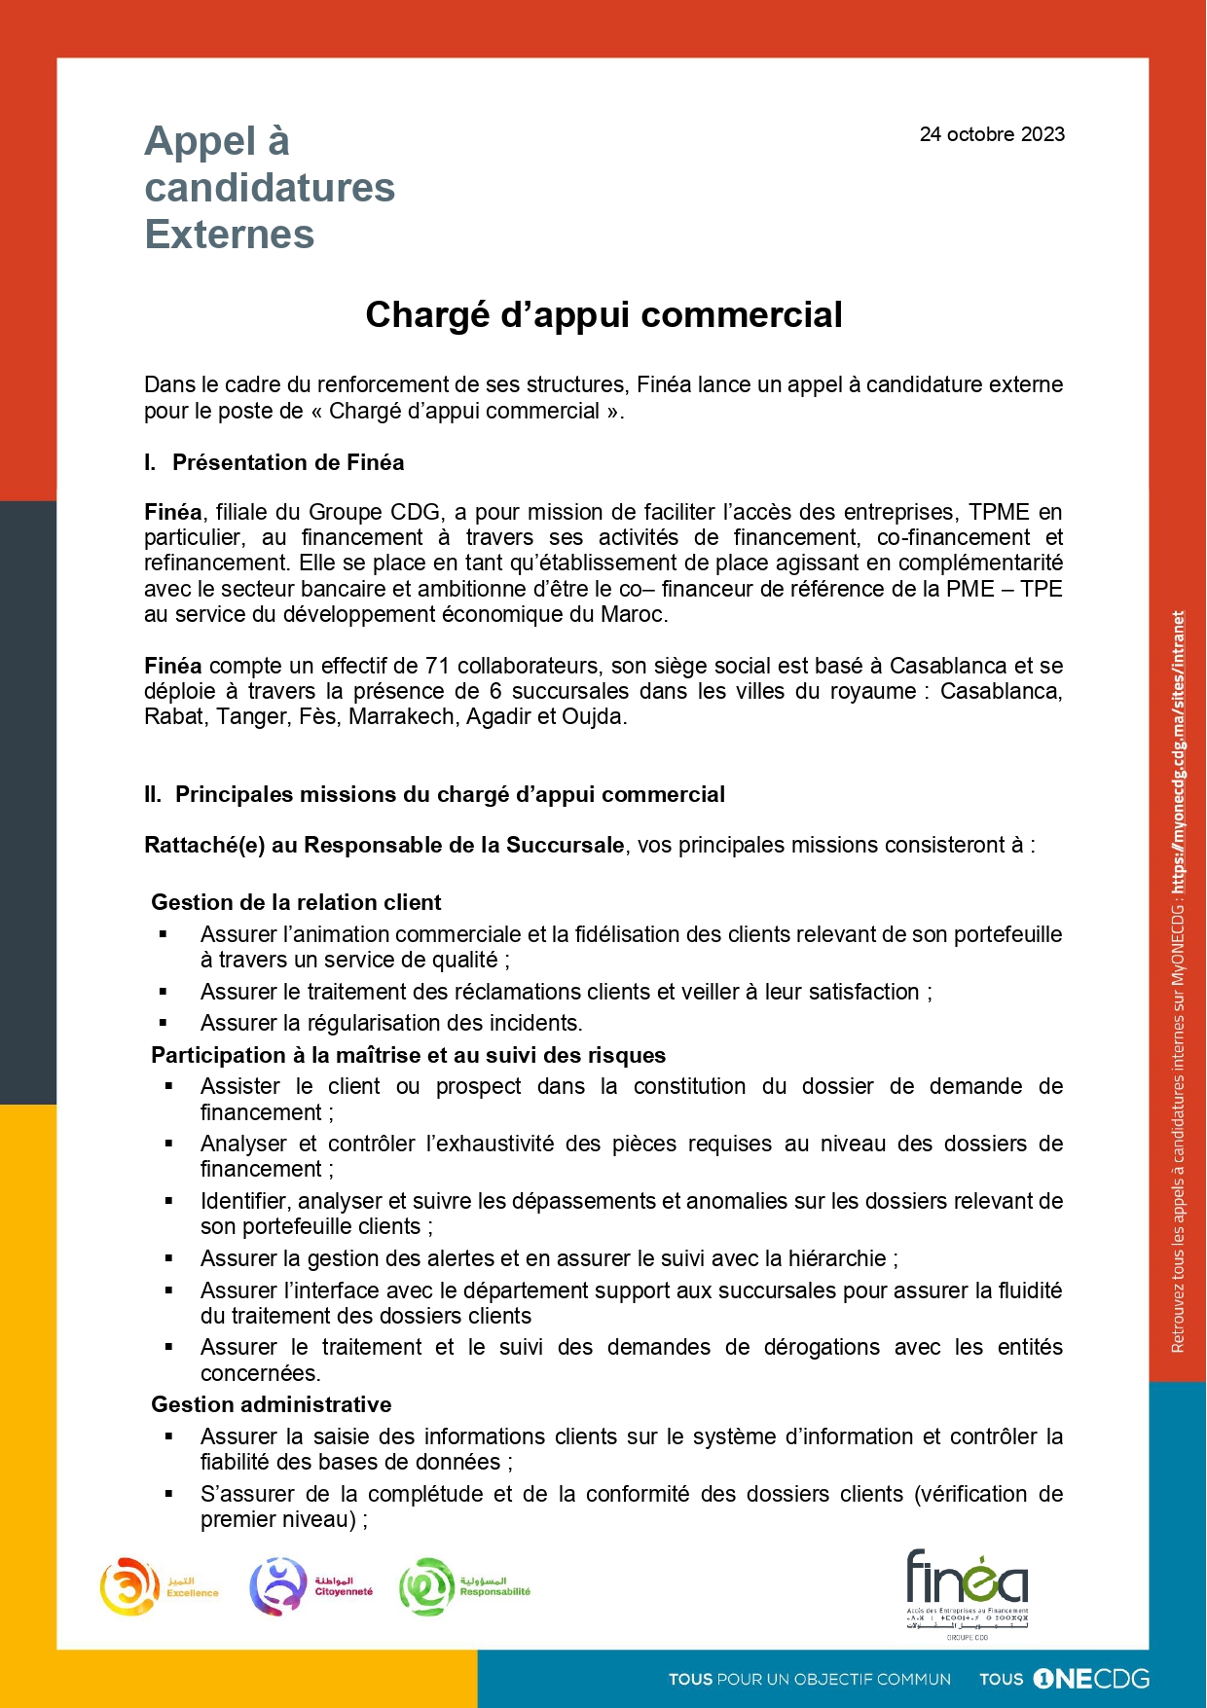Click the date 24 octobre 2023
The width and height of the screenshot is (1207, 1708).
tap(991, 134)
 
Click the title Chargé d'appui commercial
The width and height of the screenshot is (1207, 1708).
tap(603, 315)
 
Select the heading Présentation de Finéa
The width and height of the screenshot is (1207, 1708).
tap(287, 462)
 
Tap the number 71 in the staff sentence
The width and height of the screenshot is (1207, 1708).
tap(437, 666)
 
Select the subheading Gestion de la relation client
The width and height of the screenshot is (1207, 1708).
tap(296, 902)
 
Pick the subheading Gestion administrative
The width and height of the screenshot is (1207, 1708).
tap(271, 1404)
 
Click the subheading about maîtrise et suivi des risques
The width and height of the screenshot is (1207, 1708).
tap(408, 1055)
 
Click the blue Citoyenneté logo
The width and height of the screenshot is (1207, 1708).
tap(279, 1586)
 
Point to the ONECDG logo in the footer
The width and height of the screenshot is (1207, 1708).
tap(1090, 1679)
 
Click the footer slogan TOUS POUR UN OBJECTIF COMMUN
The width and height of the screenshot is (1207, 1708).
tap(809, 1680)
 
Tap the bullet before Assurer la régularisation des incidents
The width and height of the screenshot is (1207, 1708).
tap(164, 1024)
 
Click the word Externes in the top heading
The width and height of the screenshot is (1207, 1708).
tap(230, 235)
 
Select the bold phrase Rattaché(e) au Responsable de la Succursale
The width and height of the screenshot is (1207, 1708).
tap(384, 845)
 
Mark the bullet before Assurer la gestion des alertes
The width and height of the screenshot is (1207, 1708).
tap(168, 1259)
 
